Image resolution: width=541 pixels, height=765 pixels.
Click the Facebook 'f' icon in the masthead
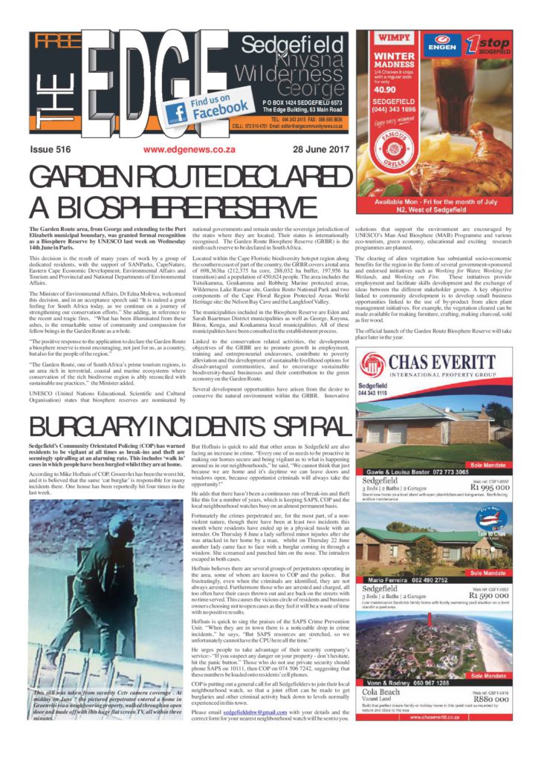(x=177, y=113)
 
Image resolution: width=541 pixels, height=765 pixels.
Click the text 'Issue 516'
(x=51, y=149)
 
